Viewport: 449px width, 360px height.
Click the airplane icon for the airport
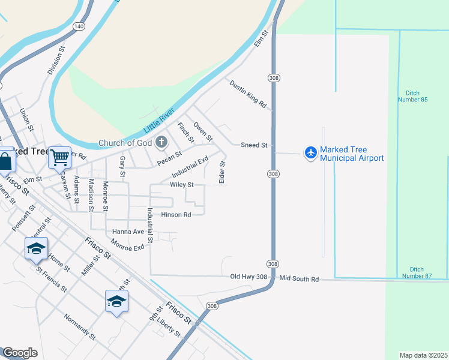pos(310,153)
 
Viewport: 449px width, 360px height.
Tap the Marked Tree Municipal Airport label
pos(352,154)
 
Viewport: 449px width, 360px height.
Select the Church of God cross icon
pos(160,143)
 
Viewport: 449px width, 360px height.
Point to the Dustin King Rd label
pos(248,94)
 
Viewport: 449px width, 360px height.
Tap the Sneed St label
pos(254,145)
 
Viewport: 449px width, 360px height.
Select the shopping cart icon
pos(59,158)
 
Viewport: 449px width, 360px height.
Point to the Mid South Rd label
pos(298,280)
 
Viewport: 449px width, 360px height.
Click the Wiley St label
pos(182,185)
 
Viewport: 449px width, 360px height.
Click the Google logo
pos(20,353)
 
